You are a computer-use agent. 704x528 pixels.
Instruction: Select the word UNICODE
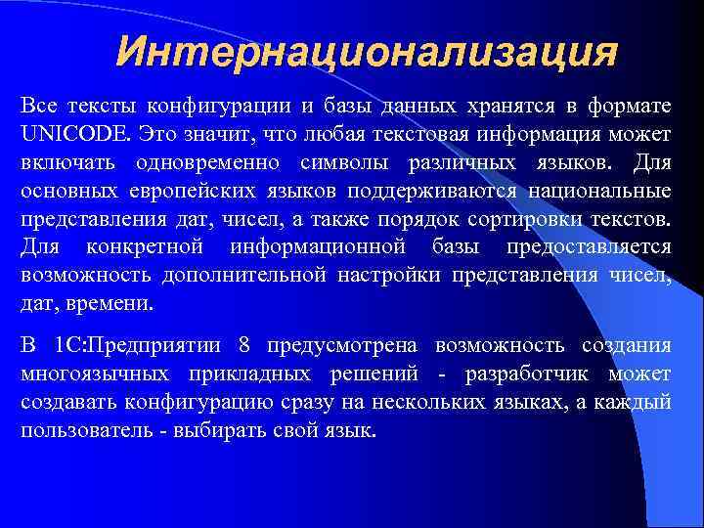pos(72,132)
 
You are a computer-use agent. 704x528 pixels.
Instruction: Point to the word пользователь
pos(79,430)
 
